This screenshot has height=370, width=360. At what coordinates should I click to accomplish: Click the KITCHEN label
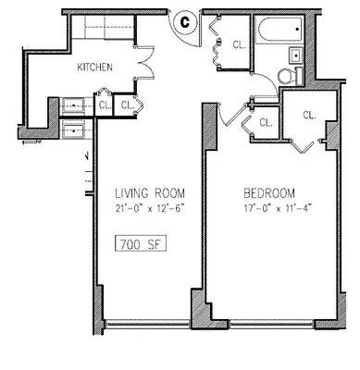click(94, 67)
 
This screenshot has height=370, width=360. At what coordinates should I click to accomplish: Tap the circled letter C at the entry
click(184, 18)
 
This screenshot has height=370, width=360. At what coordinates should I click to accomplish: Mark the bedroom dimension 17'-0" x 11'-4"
click(268, 207)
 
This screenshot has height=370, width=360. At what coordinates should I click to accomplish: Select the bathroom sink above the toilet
click(294, 54)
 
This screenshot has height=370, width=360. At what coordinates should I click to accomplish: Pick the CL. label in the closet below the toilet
click(307, 114)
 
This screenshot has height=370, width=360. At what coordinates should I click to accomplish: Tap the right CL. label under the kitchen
click(127, 104)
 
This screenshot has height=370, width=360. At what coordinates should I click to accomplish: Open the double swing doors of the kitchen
click(143, 67)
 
